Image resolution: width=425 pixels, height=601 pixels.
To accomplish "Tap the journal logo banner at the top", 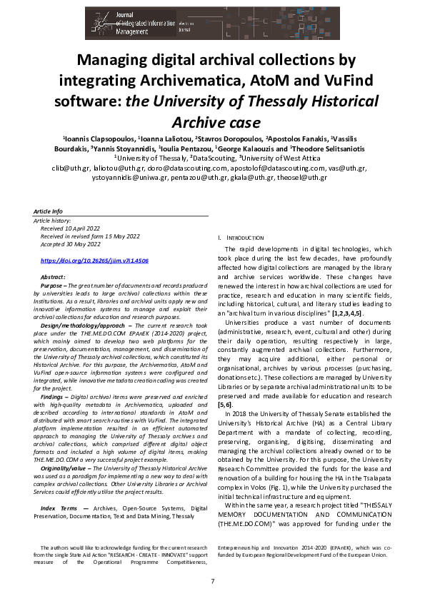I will coord(212,20).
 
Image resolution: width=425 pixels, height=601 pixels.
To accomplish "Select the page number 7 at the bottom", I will coord(212,581).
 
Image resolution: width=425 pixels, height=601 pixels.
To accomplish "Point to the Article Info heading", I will coord(48,212).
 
